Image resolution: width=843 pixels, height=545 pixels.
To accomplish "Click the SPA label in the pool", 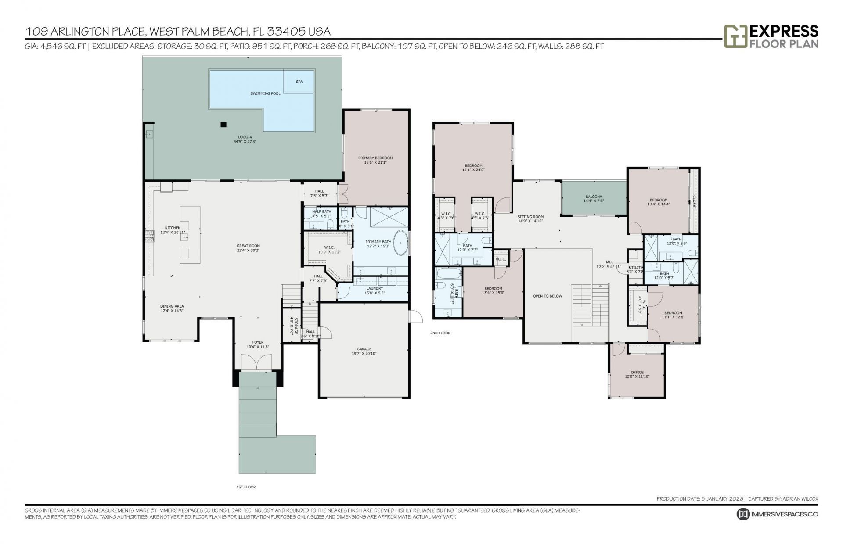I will (299, 82).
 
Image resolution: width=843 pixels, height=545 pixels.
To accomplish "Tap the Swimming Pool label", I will (265, 93).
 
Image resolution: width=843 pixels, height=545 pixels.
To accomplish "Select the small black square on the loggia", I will (223, 124).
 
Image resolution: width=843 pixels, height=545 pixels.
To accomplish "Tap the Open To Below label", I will (548, 296).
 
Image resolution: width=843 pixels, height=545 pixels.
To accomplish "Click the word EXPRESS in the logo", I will (784, 31).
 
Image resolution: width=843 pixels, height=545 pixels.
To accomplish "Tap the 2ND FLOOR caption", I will (440, 333).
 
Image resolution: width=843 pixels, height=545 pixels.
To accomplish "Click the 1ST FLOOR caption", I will (246, 487).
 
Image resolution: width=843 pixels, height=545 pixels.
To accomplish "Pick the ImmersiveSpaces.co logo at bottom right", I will (778, 514).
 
